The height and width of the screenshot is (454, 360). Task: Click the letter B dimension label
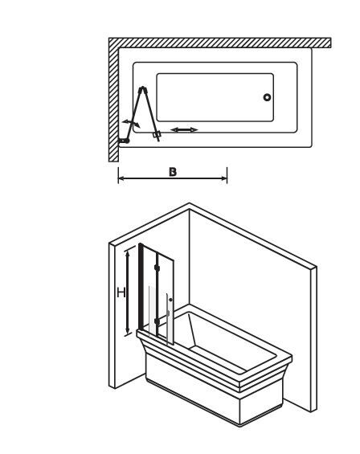click(172, 172)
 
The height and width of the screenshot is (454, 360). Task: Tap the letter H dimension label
click(121, 292)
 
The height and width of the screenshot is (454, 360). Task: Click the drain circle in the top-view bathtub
click(267, 97)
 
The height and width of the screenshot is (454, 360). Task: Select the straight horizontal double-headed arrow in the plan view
click(184, 129)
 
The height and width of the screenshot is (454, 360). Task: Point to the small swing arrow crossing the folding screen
click(131, 123)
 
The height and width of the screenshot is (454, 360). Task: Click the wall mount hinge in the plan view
click(124, 141)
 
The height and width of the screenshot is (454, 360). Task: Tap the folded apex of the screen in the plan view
click(143, 89)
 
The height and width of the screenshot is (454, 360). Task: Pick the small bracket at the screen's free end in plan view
click(157, 135)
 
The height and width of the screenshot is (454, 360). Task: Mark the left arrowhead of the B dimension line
click(121, 178)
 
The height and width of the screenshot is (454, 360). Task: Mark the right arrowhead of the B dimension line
click(224, 178)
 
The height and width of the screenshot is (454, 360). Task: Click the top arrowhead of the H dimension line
click(127, 254)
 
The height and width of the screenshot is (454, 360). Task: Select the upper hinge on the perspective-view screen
click(157, 268)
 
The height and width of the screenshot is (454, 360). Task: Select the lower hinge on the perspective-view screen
click(157, 321)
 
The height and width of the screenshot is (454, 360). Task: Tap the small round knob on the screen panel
click(170, 300)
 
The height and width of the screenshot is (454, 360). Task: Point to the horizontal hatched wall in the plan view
click(220, 43)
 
